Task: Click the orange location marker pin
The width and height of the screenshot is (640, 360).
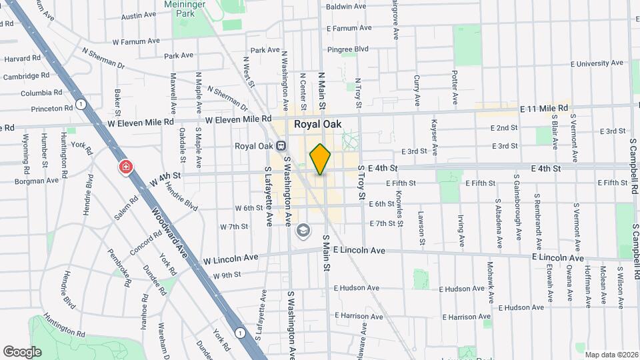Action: coord(320,159)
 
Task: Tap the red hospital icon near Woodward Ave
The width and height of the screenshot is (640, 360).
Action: coord(125,167)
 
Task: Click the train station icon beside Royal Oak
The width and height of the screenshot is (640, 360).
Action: coord(281,146)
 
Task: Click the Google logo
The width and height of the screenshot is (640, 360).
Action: coord(22,351)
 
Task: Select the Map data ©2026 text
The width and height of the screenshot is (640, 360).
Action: coord(611,355)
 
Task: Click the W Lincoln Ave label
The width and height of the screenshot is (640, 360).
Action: coord(231,257)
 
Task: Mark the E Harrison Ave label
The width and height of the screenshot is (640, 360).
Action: coord(473,317)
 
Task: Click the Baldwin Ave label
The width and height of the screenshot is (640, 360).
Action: coord(346,7)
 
